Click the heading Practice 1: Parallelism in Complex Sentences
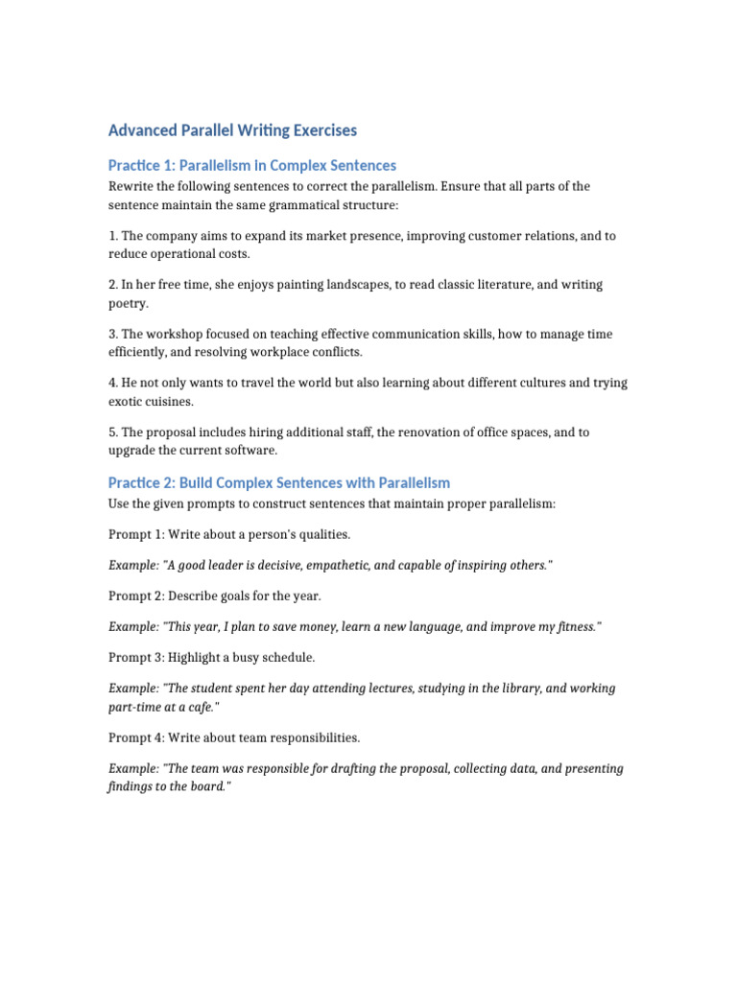(251, 165)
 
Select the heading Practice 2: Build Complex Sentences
(278, 482)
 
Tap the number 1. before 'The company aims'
(112, 235)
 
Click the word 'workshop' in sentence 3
(171, 334)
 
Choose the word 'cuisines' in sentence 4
(172, 402)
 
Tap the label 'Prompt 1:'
(136, 533)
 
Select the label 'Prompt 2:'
(136, 596)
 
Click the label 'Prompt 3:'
(136, 657)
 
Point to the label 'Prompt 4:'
(136, 737)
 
